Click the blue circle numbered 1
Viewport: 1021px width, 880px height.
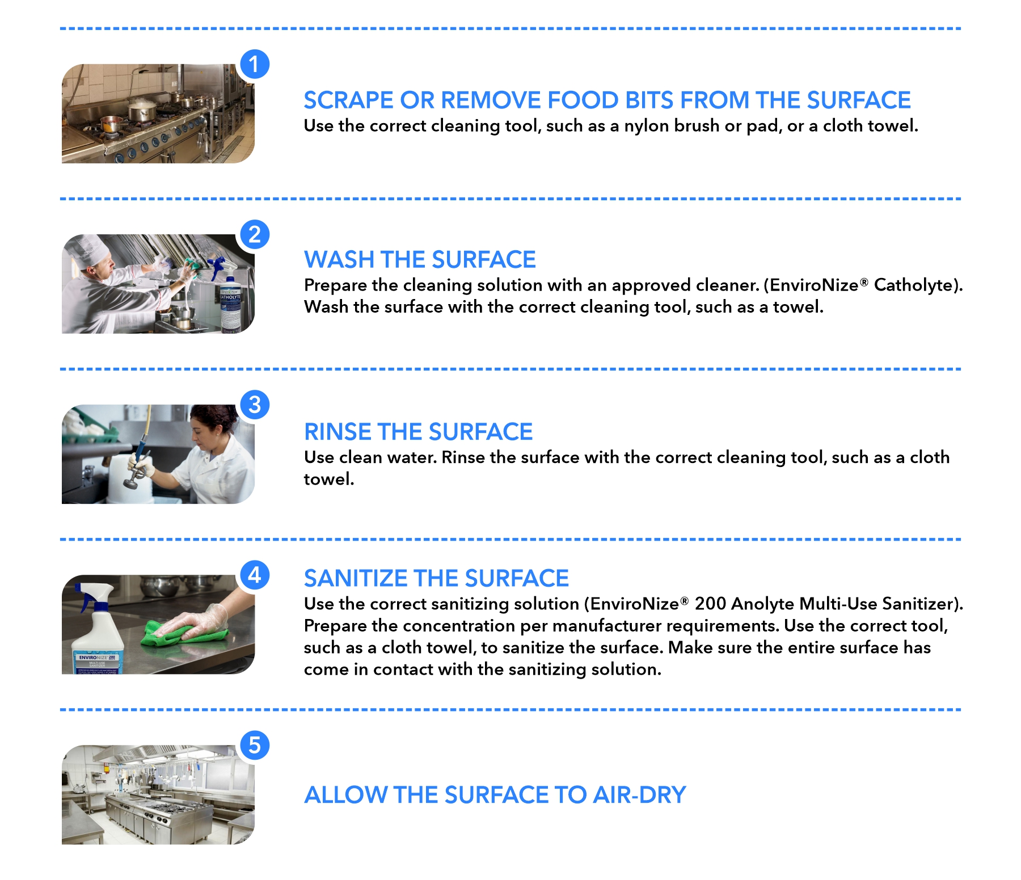[x=255, y=64]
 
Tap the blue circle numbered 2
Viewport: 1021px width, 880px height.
[x=255, y=234]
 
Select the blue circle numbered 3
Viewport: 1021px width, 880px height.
[x=255, y=405]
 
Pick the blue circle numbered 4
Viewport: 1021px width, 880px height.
[x=255, y=575]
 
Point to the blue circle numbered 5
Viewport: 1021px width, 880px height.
[x=255, y=745]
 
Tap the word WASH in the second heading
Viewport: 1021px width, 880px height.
[x=339, y=260]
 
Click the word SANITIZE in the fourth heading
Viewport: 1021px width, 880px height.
[x=356, y=578]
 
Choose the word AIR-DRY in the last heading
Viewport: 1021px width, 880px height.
[x=639, y=795]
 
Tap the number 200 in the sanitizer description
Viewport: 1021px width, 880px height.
[x=711, y=604]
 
